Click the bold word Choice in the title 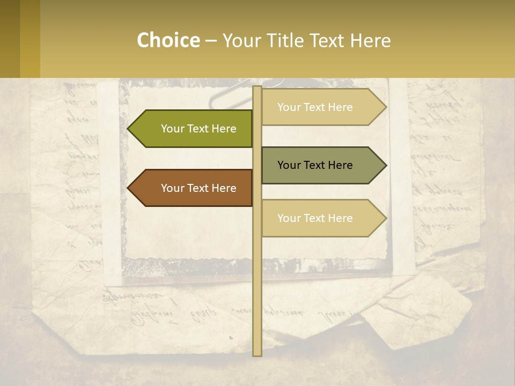pos(168,41)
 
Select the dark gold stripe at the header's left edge pos(10,39)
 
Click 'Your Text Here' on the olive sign pos(198,129)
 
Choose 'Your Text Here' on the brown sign pos(198,188)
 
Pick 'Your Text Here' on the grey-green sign pos(315,165)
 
